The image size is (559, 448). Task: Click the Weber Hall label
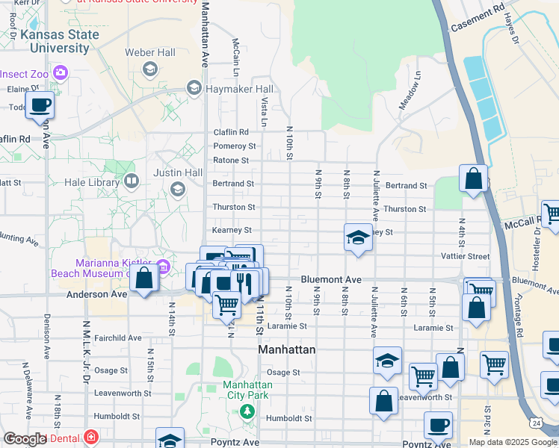(150, 52)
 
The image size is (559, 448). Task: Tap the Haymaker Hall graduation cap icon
(194, 89)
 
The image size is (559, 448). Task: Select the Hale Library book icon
(132, 180)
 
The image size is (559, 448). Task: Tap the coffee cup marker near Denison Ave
(40, 105)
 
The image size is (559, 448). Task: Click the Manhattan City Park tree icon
(246, 410)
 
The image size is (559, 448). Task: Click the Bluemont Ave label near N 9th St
(331, 279)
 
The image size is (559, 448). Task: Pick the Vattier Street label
(465, 256)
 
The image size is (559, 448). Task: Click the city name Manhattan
(286, 349)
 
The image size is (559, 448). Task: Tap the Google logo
(27, 439)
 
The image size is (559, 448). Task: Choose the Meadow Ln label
(410, 90)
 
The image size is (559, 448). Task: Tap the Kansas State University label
(60, 41)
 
